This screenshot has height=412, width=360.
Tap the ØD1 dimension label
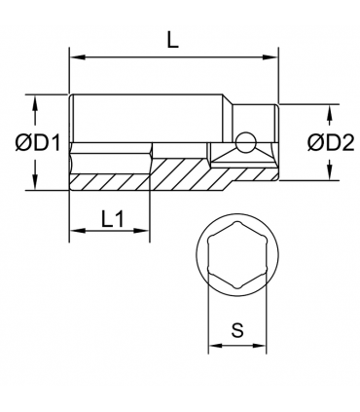tap(40, 143)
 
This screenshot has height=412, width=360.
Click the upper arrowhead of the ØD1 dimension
tap(36, 100)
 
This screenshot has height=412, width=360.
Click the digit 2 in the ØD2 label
tap(337, 143)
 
